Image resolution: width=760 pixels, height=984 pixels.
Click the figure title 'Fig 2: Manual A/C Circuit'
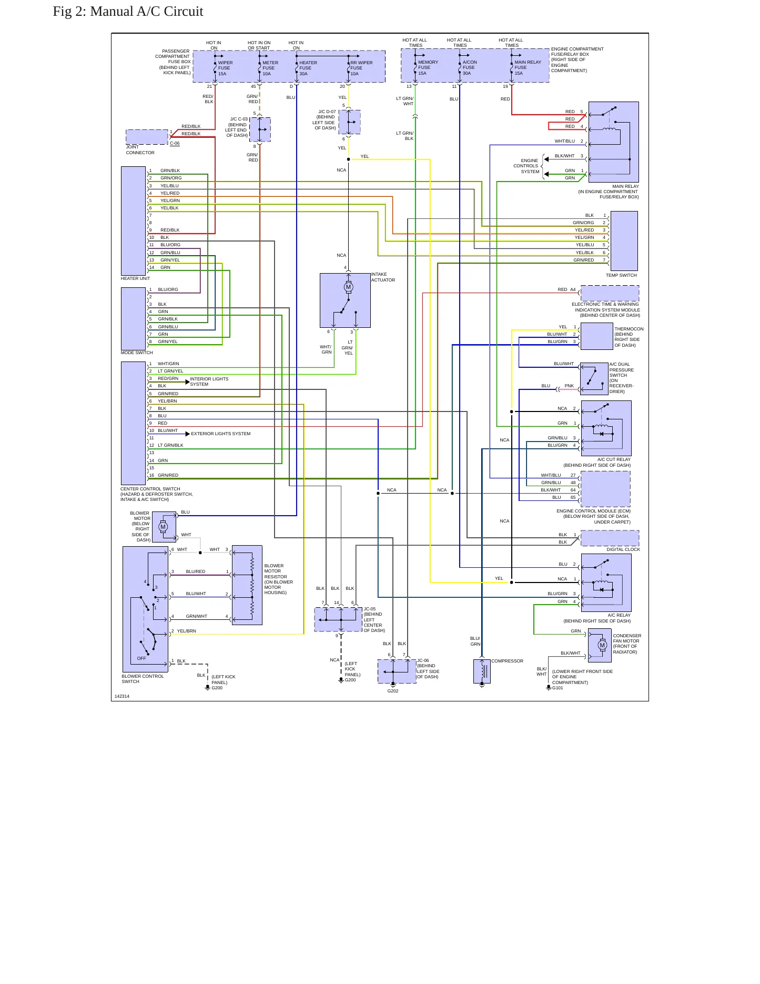(128, 12)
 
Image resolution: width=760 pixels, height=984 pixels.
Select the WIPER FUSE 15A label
(225, 68)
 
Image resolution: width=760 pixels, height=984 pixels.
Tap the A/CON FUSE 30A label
(469, 67)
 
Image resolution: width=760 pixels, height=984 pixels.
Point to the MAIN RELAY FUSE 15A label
(528, 67)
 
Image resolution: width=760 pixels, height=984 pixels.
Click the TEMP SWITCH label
(621, 275)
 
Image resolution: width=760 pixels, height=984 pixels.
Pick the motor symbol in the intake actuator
(348, 287)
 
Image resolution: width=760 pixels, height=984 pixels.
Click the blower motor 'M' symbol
(163, 527)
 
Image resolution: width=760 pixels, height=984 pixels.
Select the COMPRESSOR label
(507, 661)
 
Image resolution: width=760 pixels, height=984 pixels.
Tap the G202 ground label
(393, 691)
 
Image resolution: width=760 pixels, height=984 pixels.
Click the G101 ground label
(558, 688)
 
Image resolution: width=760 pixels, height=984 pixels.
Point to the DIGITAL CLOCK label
(623, 549)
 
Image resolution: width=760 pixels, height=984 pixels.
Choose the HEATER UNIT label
(135, 278)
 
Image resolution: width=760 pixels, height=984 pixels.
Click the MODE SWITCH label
(137, 353)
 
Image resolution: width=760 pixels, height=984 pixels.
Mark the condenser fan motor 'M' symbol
(602, 645)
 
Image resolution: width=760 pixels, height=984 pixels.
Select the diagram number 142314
(122, 696)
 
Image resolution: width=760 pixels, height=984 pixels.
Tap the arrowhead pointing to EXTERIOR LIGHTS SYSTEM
(187, 434)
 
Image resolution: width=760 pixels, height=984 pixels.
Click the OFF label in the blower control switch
(141, 658)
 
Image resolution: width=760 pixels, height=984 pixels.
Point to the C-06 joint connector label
(175, 143)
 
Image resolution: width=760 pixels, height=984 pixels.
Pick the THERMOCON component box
(596, 336)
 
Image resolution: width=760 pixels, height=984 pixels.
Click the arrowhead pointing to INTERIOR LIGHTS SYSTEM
(187, 382)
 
